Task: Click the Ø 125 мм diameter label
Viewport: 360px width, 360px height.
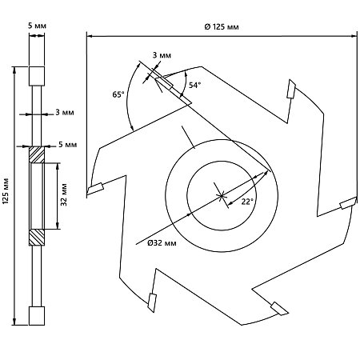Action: [222, 26]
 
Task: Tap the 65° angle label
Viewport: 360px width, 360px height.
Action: [118, 94]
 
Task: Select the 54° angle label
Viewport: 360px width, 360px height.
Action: [194, 85]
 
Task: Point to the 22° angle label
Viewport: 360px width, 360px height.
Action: [247, 202]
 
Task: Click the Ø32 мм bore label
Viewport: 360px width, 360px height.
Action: [162, 242]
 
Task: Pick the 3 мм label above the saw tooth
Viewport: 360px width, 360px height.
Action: [162, 55]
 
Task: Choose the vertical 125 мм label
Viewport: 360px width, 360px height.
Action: [6, 191]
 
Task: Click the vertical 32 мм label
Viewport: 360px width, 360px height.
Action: [64, 194]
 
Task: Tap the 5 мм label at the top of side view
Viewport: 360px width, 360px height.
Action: [37, 26]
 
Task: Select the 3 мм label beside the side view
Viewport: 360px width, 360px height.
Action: [65, 112]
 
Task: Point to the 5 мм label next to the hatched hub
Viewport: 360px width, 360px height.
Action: [68, 144]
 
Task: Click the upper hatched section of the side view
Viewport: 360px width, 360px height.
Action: [37, 154]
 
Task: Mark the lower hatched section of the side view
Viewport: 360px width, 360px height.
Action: [37, 238]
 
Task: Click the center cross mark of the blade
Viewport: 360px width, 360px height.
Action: [222, 196]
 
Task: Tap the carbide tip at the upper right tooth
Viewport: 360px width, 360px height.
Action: [291, 89]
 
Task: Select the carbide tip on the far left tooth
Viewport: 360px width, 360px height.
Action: [95, 189]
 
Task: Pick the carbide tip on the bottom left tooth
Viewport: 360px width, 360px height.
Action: [152, 302]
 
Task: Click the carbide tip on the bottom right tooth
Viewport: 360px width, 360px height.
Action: [279, 309]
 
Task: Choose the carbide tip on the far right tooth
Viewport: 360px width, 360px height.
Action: [348, 203]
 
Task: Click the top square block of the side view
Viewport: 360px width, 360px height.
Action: [37, 76]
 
